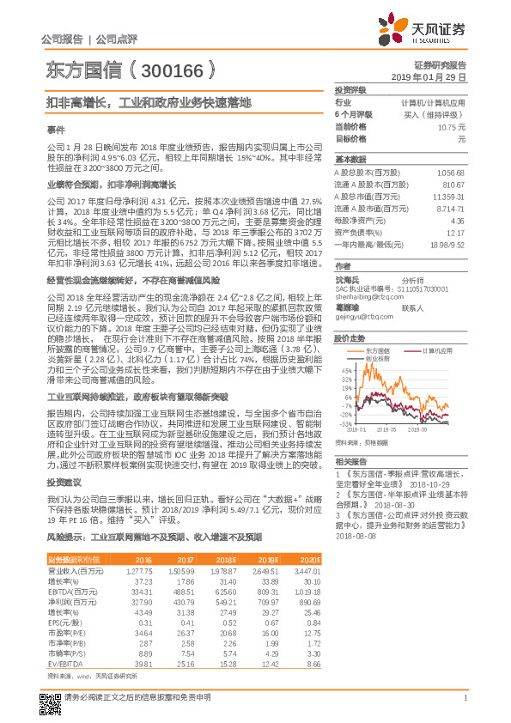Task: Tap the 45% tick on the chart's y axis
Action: click(x=345, y=368)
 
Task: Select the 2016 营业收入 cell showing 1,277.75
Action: click(x=138, y=570)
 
